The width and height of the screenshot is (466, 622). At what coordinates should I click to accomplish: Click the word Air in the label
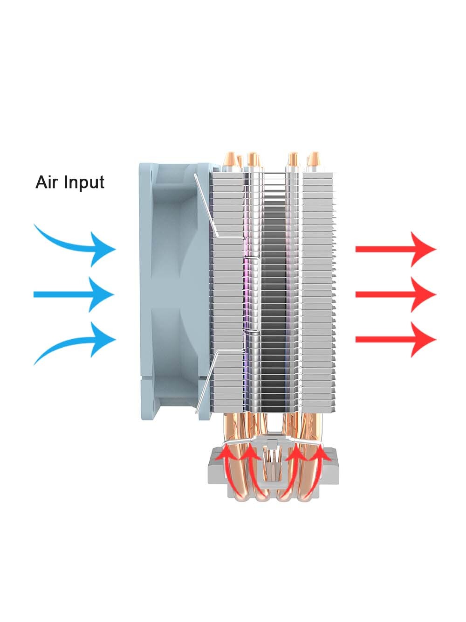[x=47, y=182]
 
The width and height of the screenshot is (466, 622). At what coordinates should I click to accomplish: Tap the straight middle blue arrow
[x=75, y=294]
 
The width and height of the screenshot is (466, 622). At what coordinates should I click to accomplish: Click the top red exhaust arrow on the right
[x=396, y=249]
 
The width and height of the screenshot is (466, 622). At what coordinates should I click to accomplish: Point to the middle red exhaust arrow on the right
[x=396, y=294]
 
